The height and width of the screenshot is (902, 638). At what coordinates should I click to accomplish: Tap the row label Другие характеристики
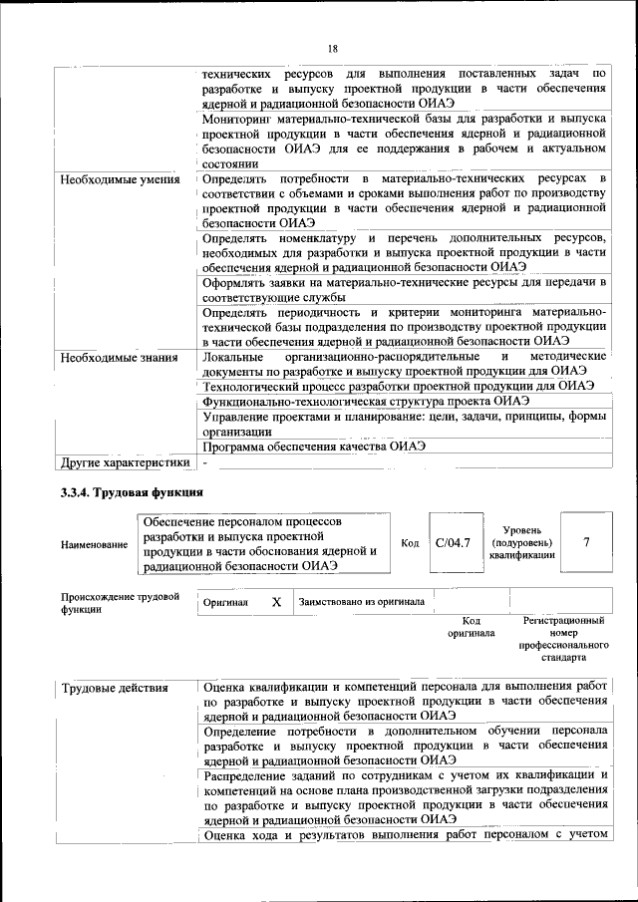[x=125, y=462]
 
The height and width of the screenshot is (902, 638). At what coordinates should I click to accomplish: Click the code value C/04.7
[x=453, y=543]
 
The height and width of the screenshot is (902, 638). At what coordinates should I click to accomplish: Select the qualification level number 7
[x=586, y=542]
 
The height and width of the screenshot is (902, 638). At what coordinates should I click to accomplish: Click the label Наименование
[x=94, y=544]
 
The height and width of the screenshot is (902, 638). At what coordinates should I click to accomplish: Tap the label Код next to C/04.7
[x=410, y=543]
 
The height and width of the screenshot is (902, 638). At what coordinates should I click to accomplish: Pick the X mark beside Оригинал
[x=276, y=602]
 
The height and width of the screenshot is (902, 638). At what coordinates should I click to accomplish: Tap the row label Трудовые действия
[x=114, y=689]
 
